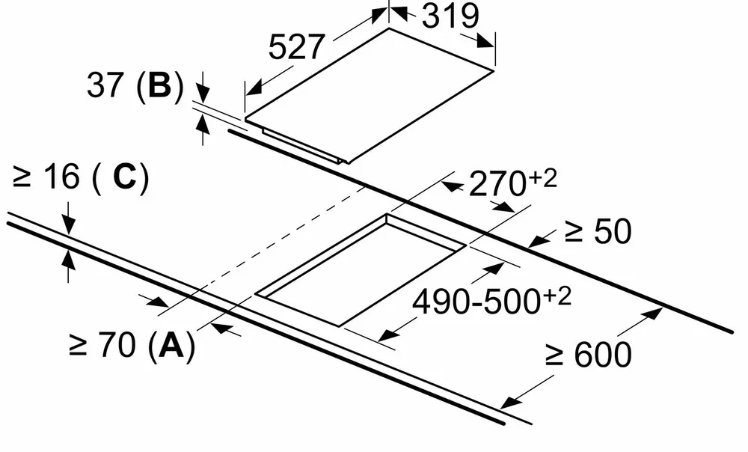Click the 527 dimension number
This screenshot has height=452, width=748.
click(296, 47)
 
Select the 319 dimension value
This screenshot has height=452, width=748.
click(450, 16)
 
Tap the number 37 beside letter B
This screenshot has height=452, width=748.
click(105, 85)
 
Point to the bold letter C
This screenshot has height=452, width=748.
click(126, 177)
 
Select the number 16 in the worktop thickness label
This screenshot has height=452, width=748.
click(61, 177)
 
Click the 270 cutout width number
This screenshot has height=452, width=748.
click(497, 184)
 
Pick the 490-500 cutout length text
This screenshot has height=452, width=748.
click(477, 302)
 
